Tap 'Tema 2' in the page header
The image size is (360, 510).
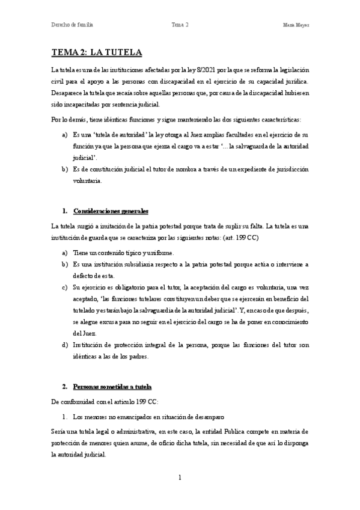[180, 25]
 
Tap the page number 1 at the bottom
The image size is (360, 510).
[179, 478]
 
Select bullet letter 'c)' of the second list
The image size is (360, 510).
[65, 286]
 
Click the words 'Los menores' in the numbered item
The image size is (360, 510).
[90, 416]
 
